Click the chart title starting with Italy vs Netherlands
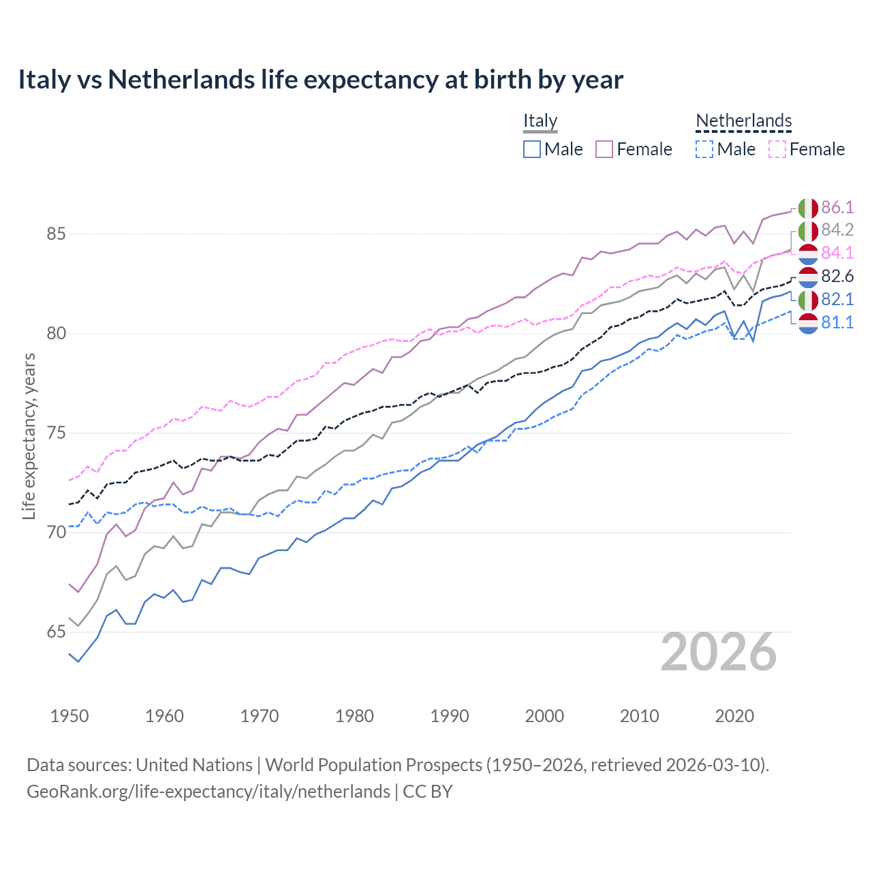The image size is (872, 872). (x=320, y=80)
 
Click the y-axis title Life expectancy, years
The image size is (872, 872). (x=29, y=436)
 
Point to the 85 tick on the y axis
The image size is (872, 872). (x=56, y=234)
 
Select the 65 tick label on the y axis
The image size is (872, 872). (x=56, y=632)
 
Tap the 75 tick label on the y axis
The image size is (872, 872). (x=56, y=433)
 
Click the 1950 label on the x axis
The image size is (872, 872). (x=69, y=716)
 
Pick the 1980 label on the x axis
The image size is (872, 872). (x=354, y=716)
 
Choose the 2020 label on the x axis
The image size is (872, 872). (x=734, y=716)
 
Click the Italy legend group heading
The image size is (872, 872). (x=540, y=121)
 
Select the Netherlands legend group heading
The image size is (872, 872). (x=743, y=121)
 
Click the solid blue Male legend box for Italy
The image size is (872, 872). (x=532, y=149)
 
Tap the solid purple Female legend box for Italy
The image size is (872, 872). (x=604, y=149)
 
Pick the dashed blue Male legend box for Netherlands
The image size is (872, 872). (x=704, y=149)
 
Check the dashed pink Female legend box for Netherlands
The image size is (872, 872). (x=777, y=149)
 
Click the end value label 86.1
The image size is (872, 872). (x=837, y=207)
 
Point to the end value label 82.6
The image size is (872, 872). (x=837, y=276)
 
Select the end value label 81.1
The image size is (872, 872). (x=837, y=322)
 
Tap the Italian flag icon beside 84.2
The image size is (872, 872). (x=808, y=230)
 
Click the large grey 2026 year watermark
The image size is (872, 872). (x=719, y=652)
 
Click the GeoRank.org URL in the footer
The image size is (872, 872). (x=208, y=792)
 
